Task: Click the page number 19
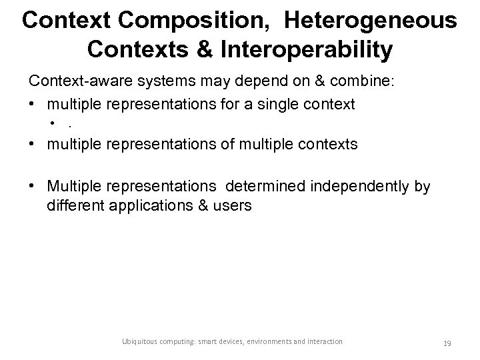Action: (448, 343)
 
